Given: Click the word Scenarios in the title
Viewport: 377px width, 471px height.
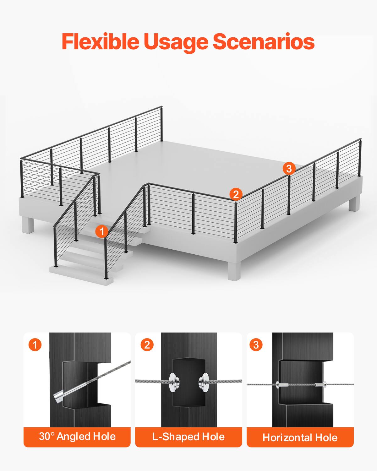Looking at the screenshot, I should click(264, 41).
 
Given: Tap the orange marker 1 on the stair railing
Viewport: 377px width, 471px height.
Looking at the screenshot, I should click(102, 232).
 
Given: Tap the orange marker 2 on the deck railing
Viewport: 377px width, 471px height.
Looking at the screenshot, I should click(236, 194).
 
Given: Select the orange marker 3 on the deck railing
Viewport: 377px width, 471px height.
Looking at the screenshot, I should click(289, 169).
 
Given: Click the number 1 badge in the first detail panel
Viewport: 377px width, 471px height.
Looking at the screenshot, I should click(35, 345).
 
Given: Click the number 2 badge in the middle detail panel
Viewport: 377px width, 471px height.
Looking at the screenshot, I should click(147, 345).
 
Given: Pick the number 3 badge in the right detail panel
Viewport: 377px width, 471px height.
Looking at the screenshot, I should click(256, 345).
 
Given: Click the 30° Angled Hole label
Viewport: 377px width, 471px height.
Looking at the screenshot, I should click(77, 436).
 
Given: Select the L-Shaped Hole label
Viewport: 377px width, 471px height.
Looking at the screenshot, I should click(188, 437).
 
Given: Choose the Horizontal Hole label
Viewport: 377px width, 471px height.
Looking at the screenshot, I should click(300, 437).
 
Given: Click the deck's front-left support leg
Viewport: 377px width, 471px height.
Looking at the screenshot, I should click(28, 225).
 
